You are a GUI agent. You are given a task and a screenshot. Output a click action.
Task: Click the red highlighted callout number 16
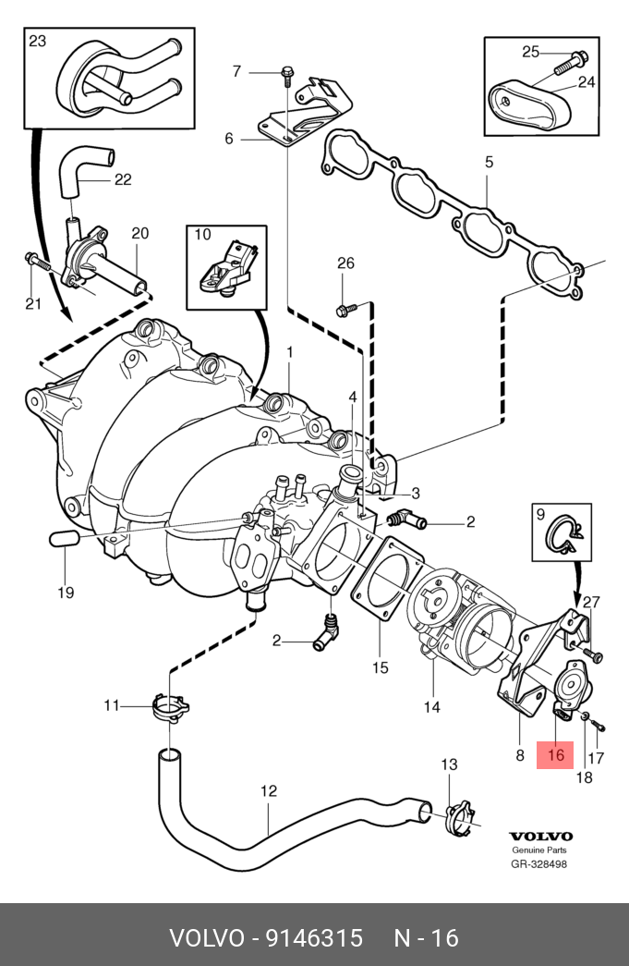point(555,754)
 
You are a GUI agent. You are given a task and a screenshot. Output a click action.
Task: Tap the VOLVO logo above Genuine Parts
point(540,837)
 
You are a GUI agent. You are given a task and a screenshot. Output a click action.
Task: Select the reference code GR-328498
point(539,864)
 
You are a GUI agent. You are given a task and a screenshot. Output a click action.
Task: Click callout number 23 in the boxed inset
point(36,40)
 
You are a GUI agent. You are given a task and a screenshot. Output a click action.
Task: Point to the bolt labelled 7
point(284,71)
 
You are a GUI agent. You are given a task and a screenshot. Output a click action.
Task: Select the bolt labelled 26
point(346,309)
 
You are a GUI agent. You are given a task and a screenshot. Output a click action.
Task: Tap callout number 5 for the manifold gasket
point(490,163)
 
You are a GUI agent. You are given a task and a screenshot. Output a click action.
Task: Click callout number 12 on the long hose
point(268,791)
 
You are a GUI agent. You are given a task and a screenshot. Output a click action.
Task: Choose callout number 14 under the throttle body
point(432,707)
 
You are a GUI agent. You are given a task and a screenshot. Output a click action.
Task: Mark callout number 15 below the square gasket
point(381,667)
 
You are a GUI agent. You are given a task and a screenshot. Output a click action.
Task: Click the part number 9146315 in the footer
point(314,938)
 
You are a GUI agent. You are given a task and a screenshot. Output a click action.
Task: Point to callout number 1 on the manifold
point(289,352)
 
